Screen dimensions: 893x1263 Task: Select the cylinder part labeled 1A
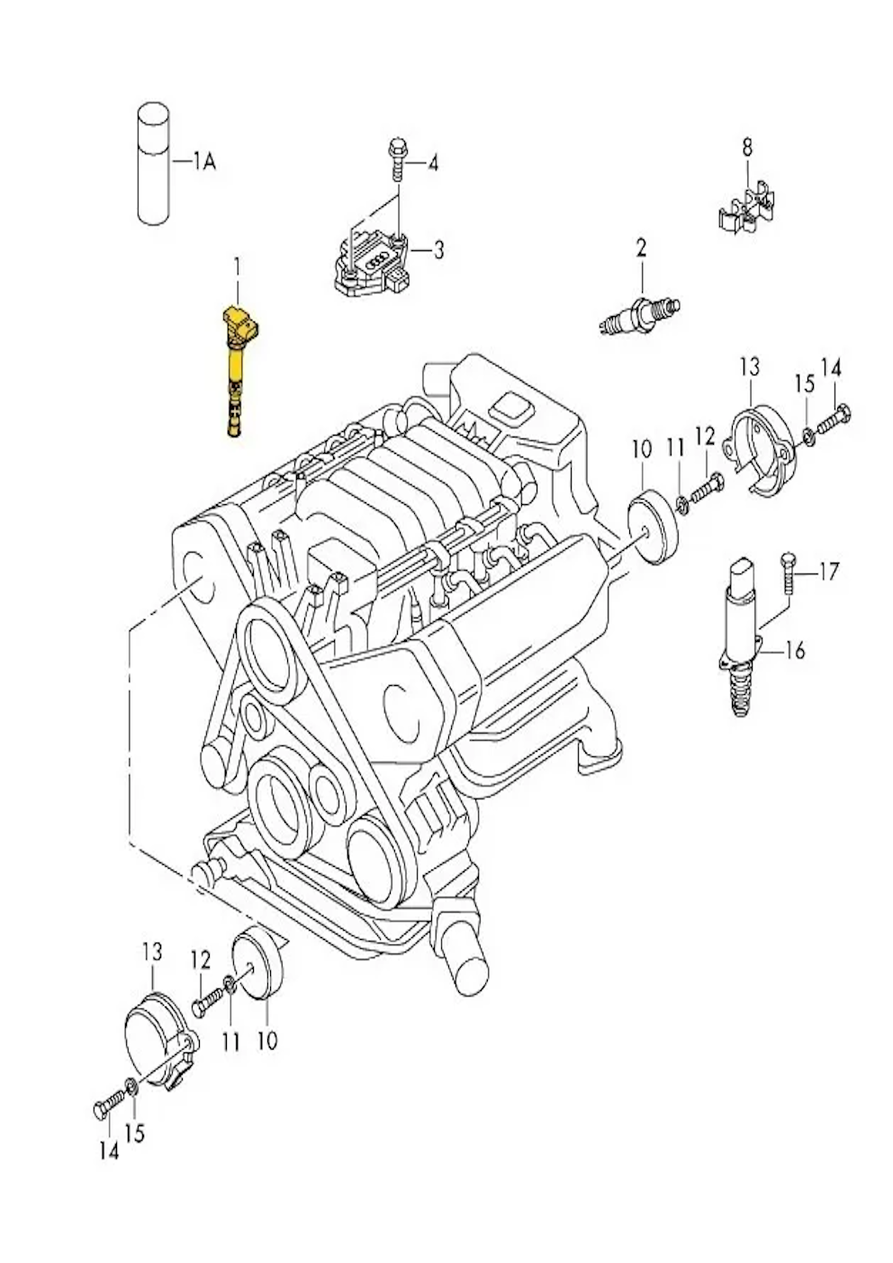pos(153,164)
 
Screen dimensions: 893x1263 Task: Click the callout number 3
pos(438,248)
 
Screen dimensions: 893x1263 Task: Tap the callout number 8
pos(747,149)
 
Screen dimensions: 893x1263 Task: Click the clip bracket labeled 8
pos(745,206)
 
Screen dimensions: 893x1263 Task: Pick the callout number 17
pos(829,572)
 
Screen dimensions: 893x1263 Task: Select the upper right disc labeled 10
pos(653,527)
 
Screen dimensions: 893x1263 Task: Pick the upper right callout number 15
pos(805,384)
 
